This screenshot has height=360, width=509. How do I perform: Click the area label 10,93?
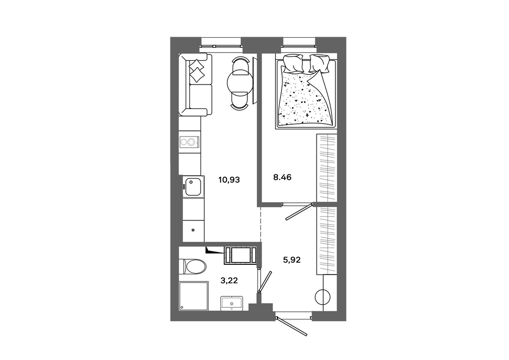(x=229, y=180)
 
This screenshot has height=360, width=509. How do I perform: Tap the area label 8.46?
(x=282, y=177)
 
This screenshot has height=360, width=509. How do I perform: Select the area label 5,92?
(x=292, y=260)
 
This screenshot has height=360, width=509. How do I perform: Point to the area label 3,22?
(x=229, y=281)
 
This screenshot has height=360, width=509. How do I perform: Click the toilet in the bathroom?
(x=192, y=267)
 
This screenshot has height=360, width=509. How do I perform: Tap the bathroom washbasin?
(x=232, y=303)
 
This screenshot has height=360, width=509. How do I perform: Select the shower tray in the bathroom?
(x=193, y=296)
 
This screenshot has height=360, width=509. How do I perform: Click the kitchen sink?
(x=193, y=187)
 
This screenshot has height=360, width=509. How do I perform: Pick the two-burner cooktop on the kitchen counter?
(x=189, y=142)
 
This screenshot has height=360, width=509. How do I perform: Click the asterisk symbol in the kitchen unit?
(x=193, y=231)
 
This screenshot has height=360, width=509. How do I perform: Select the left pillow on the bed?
(x=294, y=64)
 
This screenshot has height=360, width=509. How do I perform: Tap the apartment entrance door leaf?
(x=292, y=325)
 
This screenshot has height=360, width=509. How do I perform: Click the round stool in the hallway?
(x=322, y=297)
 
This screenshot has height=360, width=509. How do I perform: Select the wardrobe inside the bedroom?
(x=327, y=169)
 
